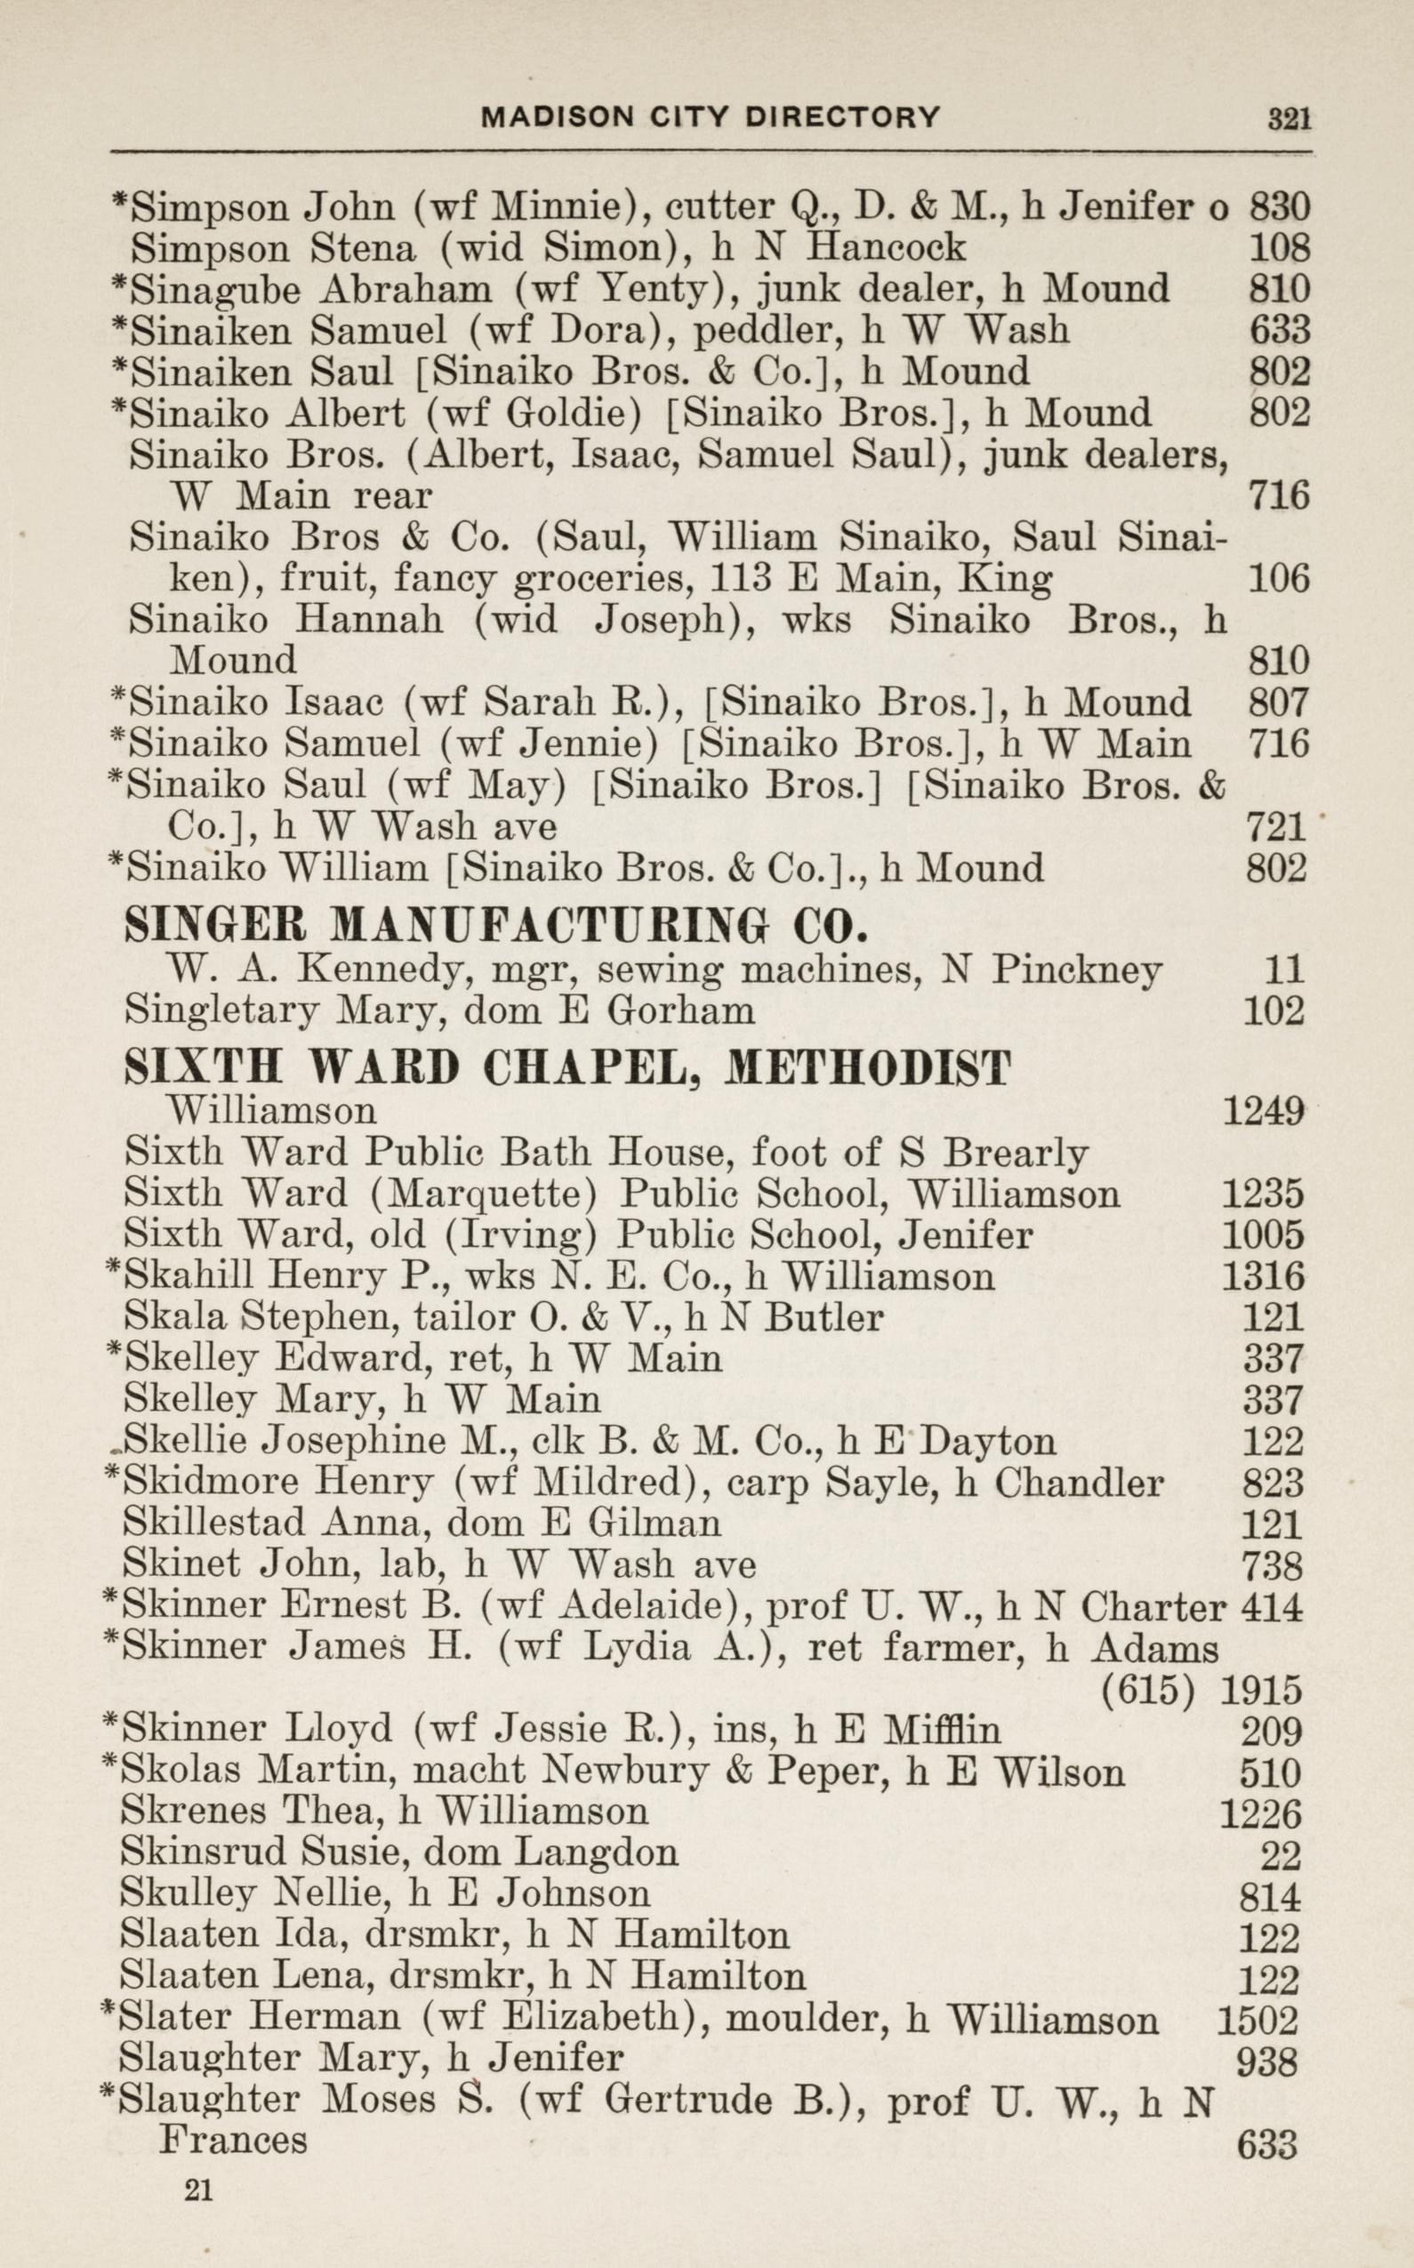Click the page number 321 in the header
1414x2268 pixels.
coord(1289,119)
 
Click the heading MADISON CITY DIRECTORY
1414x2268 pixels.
coord(710,117)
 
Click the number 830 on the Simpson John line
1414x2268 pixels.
coord(1280,206)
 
